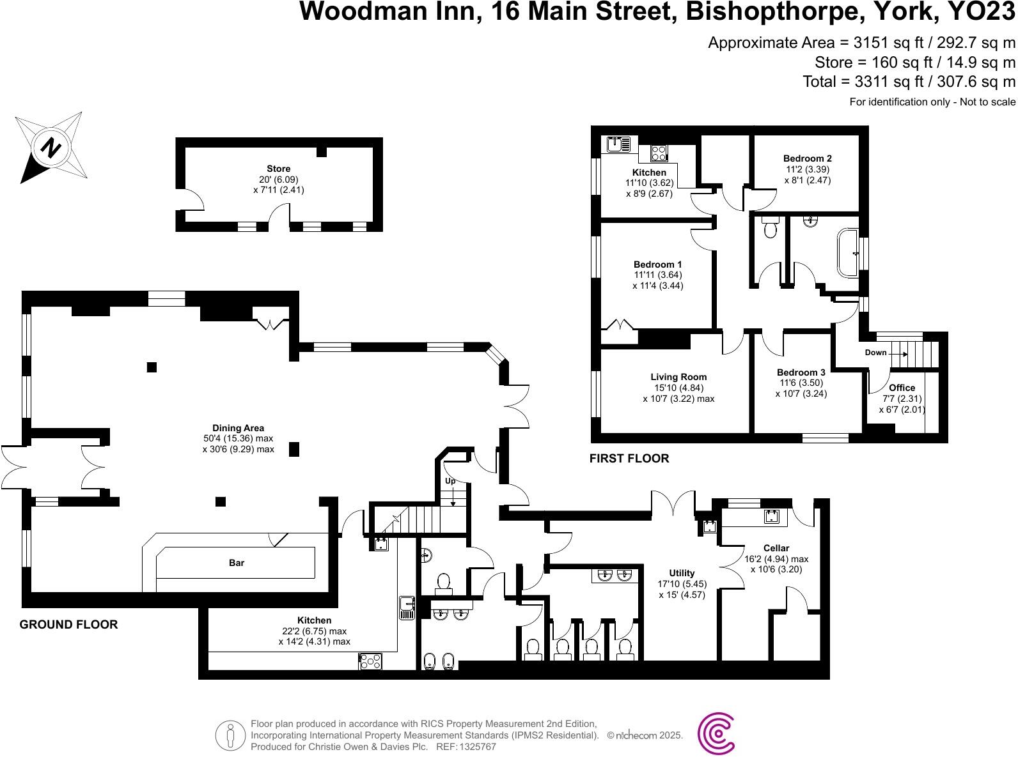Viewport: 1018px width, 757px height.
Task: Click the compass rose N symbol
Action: click(x=51, y=148)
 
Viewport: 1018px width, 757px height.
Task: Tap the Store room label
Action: click(x=279, y=169)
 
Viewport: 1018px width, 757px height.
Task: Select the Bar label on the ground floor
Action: click(x=237, y=563)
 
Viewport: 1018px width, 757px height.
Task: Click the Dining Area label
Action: click(x=238, y=428)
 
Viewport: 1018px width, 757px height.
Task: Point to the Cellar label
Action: click(x=776, y=548)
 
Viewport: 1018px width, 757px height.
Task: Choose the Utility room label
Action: click(x=682, y=573)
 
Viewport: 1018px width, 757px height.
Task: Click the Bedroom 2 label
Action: click(x=808, y=158)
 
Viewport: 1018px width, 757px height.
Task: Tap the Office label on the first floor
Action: click(x=902, y=388)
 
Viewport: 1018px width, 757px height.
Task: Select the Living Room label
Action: click(x=678, y=377)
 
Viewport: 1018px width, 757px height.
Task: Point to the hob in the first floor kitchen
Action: click(x=659, y=153)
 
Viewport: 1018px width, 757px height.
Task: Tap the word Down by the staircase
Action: click(x=875, y=353)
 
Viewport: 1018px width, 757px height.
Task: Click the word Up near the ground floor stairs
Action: click(x=450, y=480)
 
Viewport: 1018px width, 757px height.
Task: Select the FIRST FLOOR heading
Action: click(x=629, y=459)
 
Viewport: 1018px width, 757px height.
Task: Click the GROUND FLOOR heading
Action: click(x=68, y=625)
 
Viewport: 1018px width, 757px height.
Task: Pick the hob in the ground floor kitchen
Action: click(x=370, y=661)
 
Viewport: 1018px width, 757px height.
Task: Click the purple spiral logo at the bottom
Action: click(x=716, y=735)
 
